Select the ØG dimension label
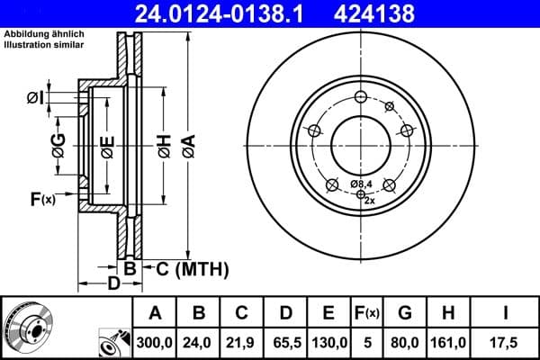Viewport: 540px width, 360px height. coord(58,144)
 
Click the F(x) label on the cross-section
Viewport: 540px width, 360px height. coord(42,199)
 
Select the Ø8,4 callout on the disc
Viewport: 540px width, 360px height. coord(361,184)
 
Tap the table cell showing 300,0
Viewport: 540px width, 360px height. coord(156,342)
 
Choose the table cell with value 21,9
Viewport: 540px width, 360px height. coord(242,342)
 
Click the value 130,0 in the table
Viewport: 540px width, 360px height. coord(328,342)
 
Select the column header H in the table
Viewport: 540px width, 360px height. coord(448,313)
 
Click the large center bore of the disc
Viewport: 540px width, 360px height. coord(361,143)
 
